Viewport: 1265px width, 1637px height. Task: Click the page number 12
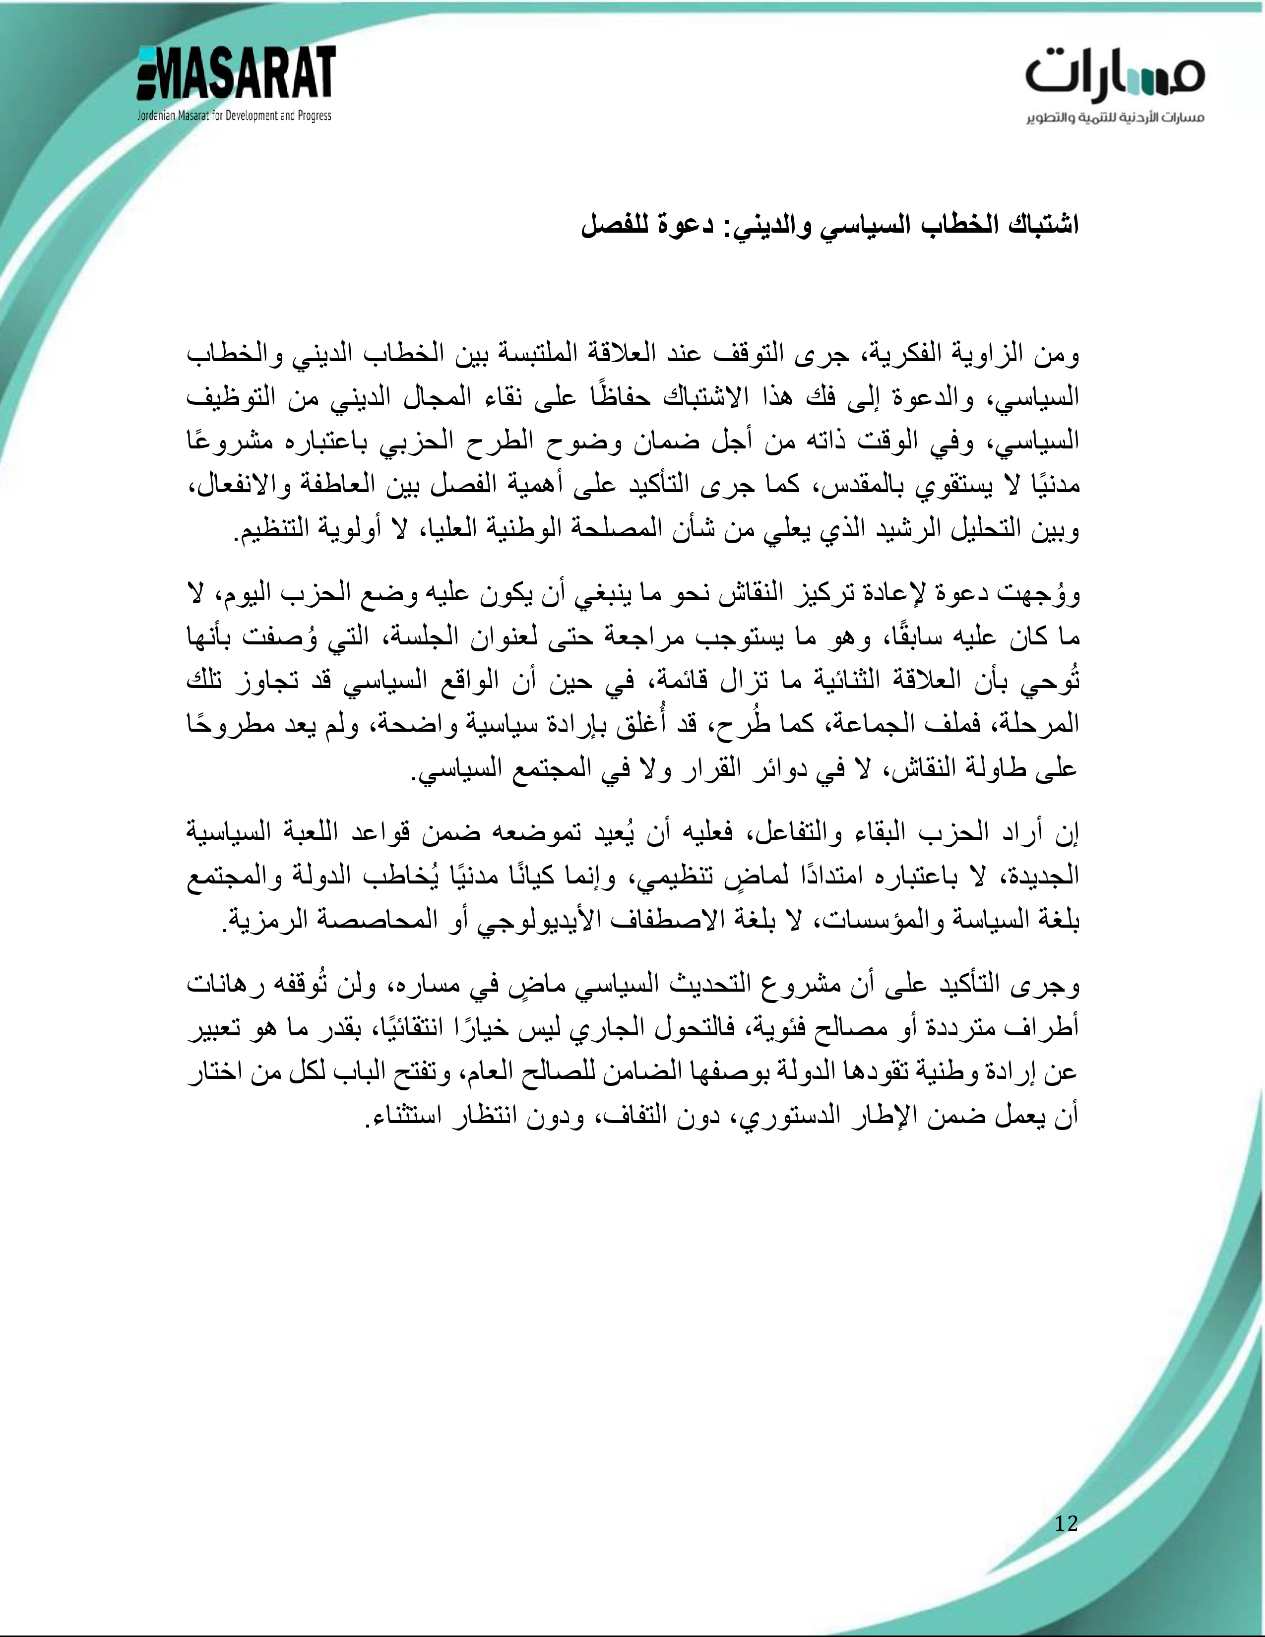pyautogui.click(x=1066, y=1522)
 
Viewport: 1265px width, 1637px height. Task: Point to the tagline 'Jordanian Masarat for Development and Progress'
pyautogui.click(x=234, y=116)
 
